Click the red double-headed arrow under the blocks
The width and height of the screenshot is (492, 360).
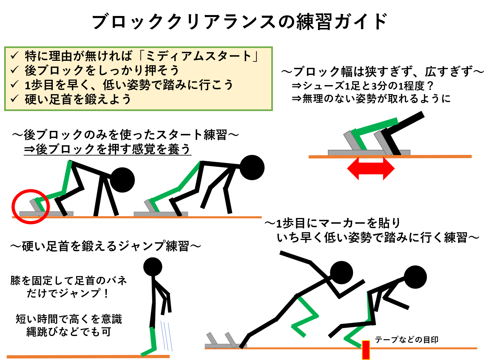click(371, 168)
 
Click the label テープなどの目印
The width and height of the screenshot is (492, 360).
click(406, 340)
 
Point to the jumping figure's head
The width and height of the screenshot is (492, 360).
click(153, 267)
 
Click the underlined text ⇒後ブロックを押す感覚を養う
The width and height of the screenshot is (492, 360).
click(107, 149)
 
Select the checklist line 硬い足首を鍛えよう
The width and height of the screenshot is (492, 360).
click(78, 99)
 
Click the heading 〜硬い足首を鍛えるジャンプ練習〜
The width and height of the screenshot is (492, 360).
click(106, 246)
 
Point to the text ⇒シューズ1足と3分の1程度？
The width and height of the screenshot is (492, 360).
click(363, 86)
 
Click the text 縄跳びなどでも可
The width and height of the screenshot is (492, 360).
click(68, 332)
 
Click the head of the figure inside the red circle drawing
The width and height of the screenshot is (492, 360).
click(123, 180)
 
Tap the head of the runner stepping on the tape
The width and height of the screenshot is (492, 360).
click(415, 277)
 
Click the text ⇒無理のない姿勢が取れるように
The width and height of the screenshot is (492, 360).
click(371, 99)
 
